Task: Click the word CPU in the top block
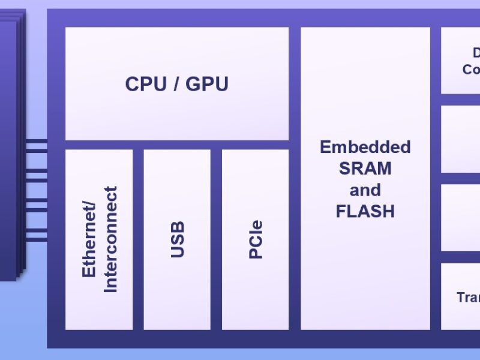146,84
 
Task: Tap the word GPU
207,84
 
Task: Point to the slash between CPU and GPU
176,84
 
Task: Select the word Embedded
365,147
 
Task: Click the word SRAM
365,169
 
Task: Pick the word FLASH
365,211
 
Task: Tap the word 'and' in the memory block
365,190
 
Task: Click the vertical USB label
178,239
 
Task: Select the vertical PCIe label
256,239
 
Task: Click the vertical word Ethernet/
89,240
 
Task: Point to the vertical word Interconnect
110,239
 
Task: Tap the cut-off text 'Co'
471,70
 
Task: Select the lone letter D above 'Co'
476,53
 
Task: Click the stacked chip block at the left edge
11,144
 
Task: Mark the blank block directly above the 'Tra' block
460,217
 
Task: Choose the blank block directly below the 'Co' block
460,139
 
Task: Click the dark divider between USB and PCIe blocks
216,239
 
